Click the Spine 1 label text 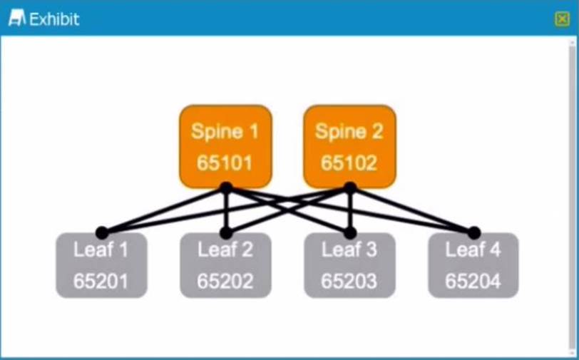click(x=225, y=131)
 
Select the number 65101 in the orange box click(x=225, y=163)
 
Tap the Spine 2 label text click(x=349, y=131)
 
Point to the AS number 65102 click(x=349, y=163)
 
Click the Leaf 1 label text click(x=101, y=250)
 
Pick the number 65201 click(x=101, y=281)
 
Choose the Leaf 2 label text click(x=225, y=250)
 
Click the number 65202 click(x=225, y=281)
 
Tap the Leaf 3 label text click(x=349, y=250)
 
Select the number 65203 click(x=349, y=281)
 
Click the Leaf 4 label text click(x=473, y=250)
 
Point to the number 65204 click(x=473, y=281)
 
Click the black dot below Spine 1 click(x=226, y=187)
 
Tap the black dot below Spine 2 click(x=350, y=187)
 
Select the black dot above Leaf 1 click(x=102, y=232)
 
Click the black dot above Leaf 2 click(x=226, y=232)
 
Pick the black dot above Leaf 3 click(x=350, y=232)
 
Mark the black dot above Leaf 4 click(x=474, y=232)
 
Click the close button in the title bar click(x=562, y=19)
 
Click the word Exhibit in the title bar click(x=54, y=19)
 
